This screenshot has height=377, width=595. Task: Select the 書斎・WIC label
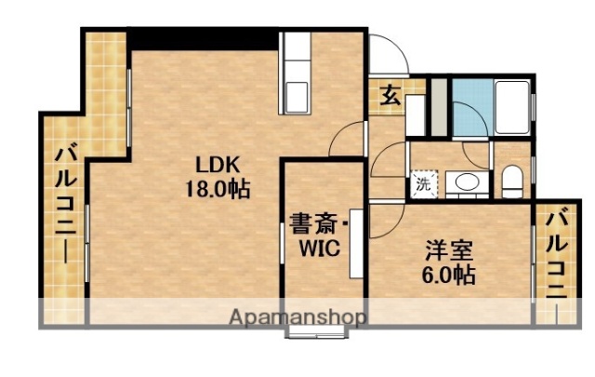tap(317, 224)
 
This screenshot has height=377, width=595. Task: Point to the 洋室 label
tap(450, 250)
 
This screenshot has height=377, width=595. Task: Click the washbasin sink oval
tap(468, 182)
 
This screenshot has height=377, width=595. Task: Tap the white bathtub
tap(513, 109)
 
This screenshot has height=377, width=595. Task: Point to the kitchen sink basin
tap(298, 97)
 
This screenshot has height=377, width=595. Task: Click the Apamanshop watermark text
tap(297, 316)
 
